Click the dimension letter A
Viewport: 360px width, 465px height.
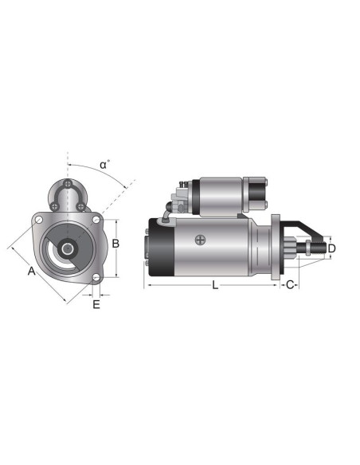pos(31,272)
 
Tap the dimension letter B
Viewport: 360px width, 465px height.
pos(115,244)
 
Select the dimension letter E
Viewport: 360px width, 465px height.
pos(96,304)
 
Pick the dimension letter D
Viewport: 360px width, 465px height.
pos(331,248)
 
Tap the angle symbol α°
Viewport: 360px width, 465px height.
pos(104,165)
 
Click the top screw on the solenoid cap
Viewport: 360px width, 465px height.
pos(70,184)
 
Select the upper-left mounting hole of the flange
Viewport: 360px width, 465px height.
pos(37,218)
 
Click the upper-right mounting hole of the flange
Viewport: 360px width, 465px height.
pos(96,219)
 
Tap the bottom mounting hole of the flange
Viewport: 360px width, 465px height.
pos(96,277)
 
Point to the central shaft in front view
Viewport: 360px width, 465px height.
pos(67,248)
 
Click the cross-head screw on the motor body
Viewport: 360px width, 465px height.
pos(199,238)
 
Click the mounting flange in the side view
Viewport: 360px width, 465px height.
pos(276,247)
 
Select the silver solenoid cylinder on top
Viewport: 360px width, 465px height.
pos(222,193)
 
